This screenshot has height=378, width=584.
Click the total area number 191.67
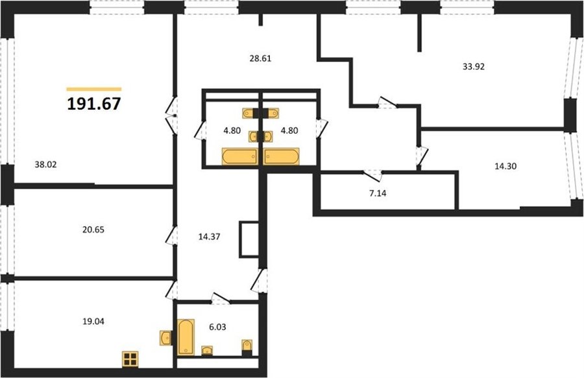tap(94, 104)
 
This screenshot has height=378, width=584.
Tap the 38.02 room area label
tap(45, 165)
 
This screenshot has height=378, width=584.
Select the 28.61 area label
tap(260, 58)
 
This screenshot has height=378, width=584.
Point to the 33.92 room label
tap(474, 67)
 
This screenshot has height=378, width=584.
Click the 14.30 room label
tap(505, 166)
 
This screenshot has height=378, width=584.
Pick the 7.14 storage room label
tap(378, 193)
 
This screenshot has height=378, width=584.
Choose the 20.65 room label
tap(93, 230)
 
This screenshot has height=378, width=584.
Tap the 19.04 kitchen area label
tap(93, 322)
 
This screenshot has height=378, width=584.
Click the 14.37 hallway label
tap(209, 237)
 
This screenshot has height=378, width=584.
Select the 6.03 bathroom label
tap(217, 327)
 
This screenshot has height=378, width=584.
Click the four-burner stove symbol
tap(130, 359)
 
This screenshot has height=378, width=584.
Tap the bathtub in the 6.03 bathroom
tap(186, 337)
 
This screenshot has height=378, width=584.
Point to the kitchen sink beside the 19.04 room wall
tap(165, 338)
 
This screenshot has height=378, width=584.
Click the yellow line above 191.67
tap(94, 89)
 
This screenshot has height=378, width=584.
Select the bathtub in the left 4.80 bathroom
tap(239, 156)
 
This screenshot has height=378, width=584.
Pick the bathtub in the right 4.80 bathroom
tap(281, 156)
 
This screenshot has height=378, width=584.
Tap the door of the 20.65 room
tap(171, 236)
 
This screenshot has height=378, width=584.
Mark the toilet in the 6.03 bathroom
tap(247, 348)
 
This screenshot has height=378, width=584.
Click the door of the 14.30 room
tap(422, 156)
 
